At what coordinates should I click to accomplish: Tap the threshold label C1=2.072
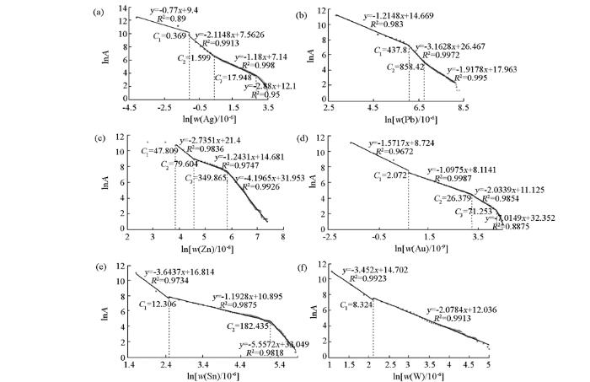tap(392, 175)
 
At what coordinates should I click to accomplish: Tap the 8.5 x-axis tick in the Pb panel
tap(462, 109)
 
